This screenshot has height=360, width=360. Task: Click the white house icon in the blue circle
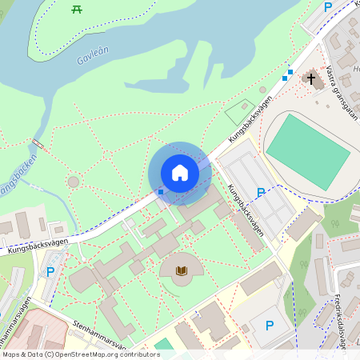[x=180, y=172]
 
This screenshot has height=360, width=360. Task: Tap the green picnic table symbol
[x=78, y=9]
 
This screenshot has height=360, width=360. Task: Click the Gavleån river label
[x=94, y=55]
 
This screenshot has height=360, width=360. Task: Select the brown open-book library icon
[x=182, y=270]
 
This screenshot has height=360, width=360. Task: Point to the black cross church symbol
[x=310, y=78]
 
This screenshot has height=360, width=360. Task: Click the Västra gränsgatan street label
[x=342, y=92]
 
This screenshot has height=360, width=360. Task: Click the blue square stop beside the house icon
[x=161, y=191]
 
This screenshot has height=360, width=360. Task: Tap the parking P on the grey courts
[x=260, y=193]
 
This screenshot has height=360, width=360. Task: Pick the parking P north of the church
[x=327, y=7]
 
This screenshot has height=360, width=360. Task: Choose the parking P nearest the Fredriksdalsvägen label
[x=270, y=326]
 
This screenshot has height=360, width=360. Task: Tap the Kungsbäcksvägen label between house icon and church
[x=250, y=121]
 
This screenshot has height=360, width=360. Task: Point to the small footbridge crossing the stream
[x=36, y=145]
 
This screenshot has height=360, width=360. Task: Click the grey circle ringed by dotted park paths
[x=74, y=182]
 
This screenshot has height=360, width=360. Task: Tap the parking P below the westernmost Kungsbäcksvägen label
[x=50, y=272]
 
